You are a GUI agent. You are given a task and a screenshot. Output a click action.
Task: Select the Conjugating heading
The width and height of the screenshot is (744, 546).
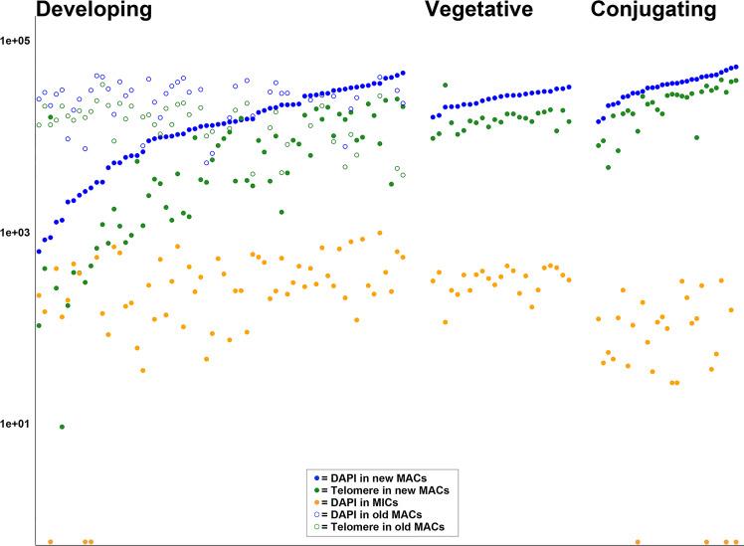[652, 11]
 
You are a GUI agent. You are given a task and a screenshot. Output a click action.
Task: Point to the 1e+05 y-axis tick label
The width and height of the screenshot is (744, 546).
[17, 41]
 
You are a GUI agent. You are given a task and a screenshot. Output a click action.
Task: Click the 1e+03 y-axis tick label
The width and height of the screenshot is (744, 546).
[17, 232]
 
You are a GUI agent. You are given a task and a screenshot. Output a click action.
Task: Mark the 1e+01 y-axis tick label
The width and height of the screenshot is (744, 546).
[17, 424]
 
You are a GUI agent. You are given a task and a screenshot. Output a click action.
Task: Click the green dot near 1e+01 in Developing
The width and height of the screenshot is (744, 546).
[62, 427]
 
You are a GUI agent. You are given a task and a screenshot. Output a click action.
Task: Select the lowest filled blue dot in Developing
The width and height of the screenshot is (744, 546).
[39, 252]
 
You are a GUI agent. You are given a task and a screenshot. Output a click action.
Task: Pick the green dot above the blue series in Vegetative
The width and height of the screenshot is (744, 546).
[445, 86]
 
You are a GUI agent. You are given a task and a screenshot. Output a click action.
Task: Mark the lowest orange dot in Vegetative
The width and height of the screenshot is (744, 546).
[445, 321]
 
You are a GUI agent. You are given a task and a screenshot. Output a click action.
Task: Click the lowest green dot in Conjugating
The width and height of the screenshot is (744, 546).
[609, 166]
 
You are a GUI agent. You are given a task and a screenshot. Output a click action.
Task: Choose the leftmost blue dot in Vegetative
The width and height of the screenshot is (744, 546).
[433, 117]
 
